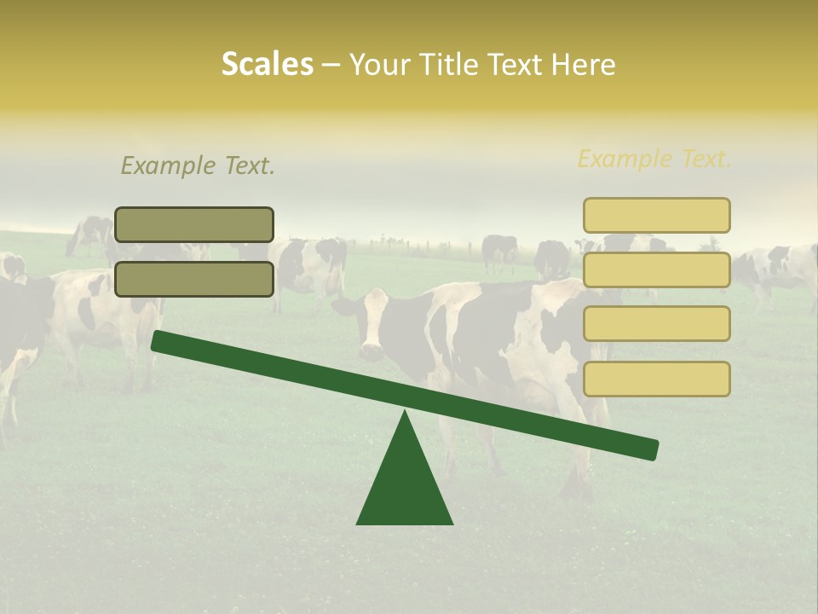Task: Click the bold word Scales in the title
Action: coord(267,64)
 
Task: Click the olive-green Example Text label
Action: coord(198,165)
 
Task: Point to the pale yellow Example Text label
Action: coord(654,159)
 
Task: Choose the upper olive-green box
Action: coord(194,224)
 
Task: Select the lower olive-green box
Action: coord(194,279)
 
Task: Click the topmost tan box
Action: coord(656,215)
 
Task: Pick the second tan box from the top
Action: coord(656,269)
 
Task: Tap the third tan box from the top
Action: coord(656,324)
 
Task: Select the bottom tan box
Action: coord(656,379)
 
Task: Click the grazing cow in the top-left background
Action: coord(89,234)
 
